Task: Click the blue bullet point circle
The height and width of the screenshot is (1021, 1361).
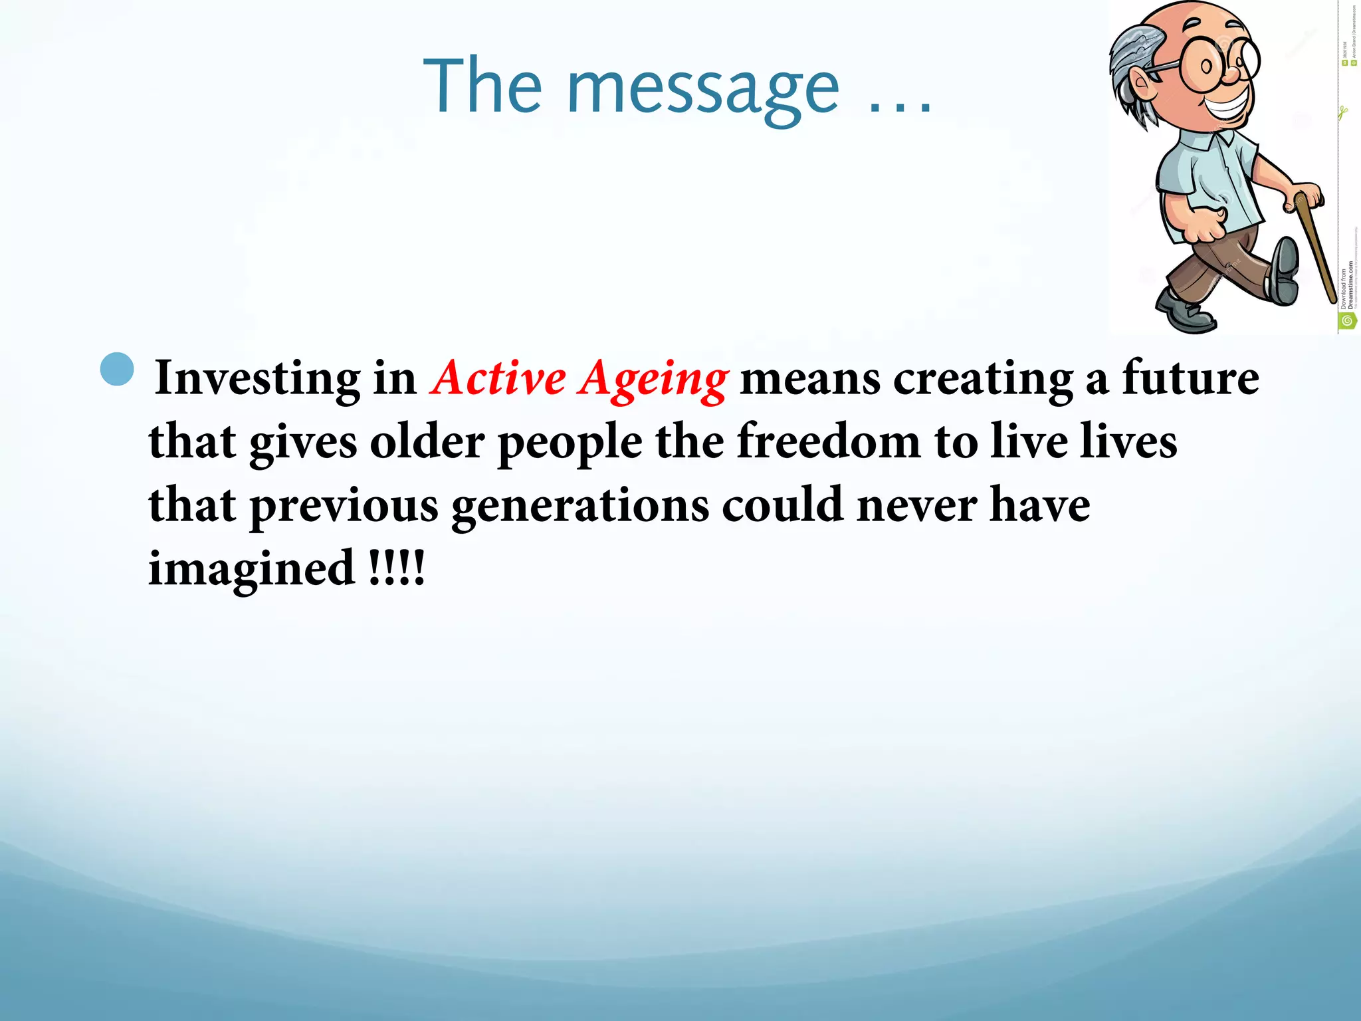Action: [117, 369]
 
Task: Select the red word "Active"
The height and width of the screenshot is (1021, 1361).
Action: [498, 379]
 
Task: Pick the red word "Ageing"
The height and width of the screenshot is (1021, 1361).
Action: [654, 380]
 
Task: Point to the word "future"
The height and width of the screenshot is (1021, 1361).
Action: [1190, 378]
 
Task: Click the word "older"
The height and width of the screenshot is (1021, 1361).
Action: [427, 441]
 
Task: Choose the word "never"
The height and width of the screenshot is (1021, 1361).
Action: [916, 505]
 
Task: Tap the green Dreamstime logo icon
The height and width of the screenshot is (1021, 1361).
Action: [1347, 321]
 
